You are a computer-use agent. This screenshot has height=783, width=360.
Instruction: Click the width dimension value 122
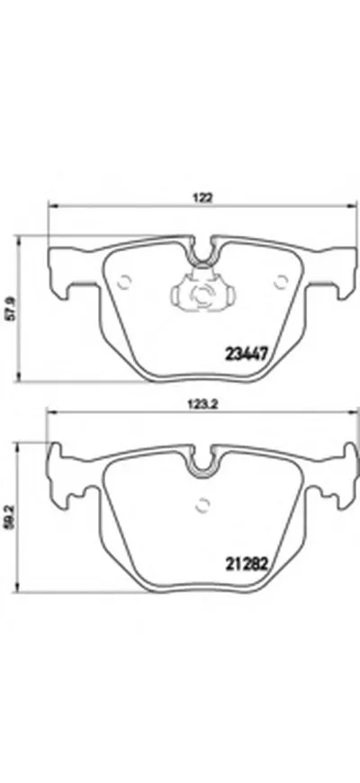pos(203,197)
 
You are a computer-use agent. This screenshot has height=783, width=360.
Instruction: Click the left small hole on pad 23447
pos(124,283)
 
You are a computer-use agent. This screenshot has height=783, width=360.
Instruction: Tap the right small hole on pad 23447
pos(280,282)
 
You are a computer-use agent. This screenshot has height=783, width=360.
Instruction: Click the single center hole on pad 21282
pos(202,505)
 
